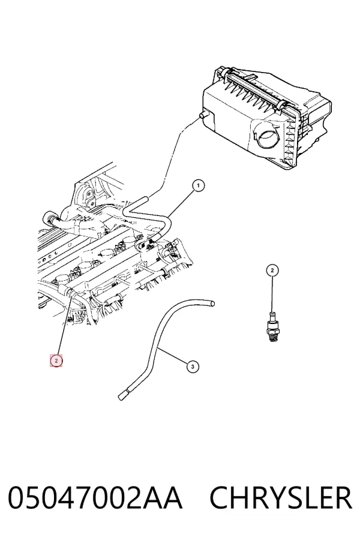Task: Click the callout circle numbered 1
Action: pos(198,186)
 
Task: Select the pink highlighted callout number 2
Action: pos(56,361)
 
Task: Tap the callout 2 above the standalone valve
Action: pos(272,271)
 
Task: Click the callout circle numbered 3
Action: pos(193,367)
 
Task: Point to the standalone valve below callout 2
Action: pos(272,327)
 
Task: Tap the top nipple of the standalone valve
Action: pos(272,315)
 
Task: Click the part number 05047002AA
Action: pos(95,497)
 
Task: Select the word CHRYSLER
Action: pos(281,497)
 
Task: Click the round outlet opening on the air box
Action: pos(267,137)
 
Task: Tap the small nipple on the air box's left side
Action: pos(204,115)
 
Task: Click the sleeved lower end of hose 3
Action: pos(124,395)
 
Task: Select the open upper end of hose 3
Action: pos(212,304)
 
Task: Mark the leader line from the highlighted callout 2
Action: pos(65,325)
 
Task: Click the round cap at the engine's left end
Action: pos(47,218)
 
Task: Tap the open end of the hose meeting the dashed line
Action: pos(146,199)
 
